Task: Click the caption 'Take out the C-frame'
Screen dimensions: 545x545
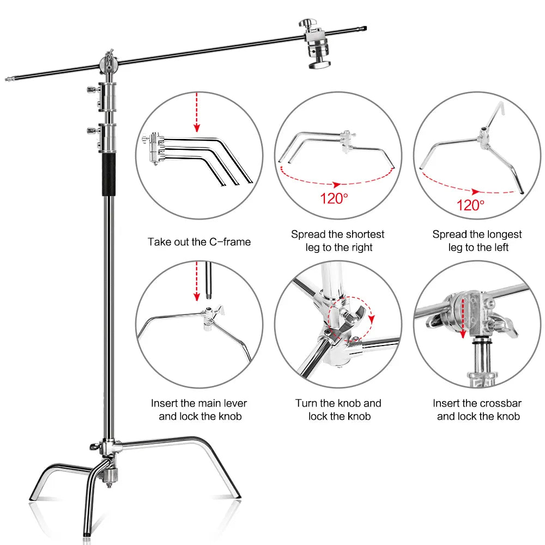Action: click(199, 241)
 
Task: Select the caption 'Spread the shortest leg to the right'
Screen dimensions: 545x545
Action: click(338, 241)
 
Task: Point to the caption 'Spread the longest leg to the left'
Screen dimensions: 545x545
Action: click(477, 241)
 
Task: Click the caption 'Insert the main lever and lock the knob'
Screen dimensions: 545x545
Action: click(199, 410)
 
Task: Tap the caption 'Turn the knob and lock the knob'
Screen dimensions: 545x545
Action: click(338, 410)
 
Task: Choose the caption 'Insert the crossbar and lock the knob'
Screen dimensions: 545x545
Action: click(477, 410)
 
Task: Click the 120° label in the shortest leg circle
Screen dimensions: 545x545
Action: click(334, 198)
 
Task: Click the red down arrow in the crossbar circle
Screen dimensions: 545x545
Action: click(463, 322)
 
